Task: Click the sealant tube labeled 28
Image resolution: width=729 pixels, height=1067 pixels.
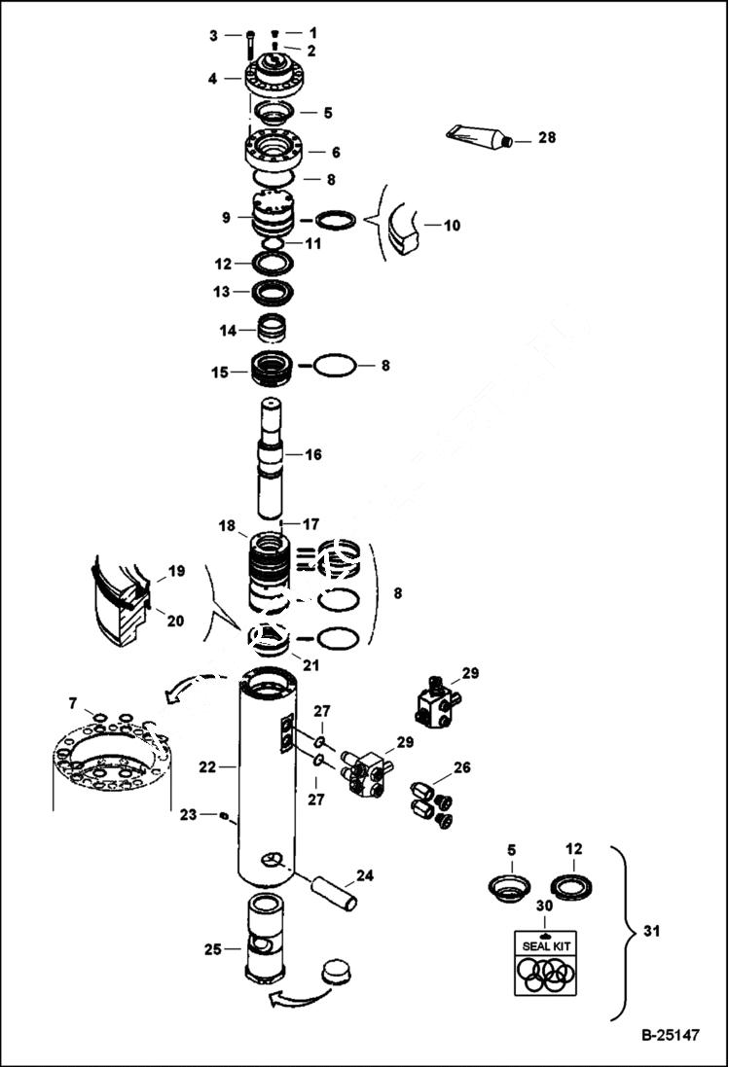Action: click(x=477, y=137)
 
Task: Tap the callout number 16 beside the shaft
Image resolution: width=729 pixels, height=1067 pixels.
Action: click(x=313, y=454)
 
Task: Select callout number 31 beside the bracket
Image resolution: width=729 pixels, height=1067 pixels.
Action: click(x=653, y=932)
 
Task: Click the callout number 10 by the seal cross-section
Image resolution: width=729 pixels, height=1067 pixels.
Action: click(x=452, y=226)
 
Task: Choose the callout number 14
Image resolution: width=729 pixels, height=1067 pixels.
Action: click(x=227, y=331)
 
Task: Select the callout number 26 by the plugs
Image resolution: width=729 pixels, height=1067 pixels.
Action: click(x=461, y=767)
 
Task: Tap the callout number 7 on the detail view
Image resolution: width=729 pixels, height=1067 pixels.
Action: click(x=72, y=702)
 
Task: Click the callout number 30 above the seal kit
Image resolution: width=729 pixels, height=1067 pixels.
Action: click(x=545, y=906)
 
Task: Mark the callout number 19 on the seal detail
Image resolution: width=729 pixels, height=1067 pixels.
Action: click(x=175, y=572)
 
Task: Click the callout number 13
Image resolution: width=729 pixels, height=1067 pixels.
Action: click(x=223, y=291)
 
